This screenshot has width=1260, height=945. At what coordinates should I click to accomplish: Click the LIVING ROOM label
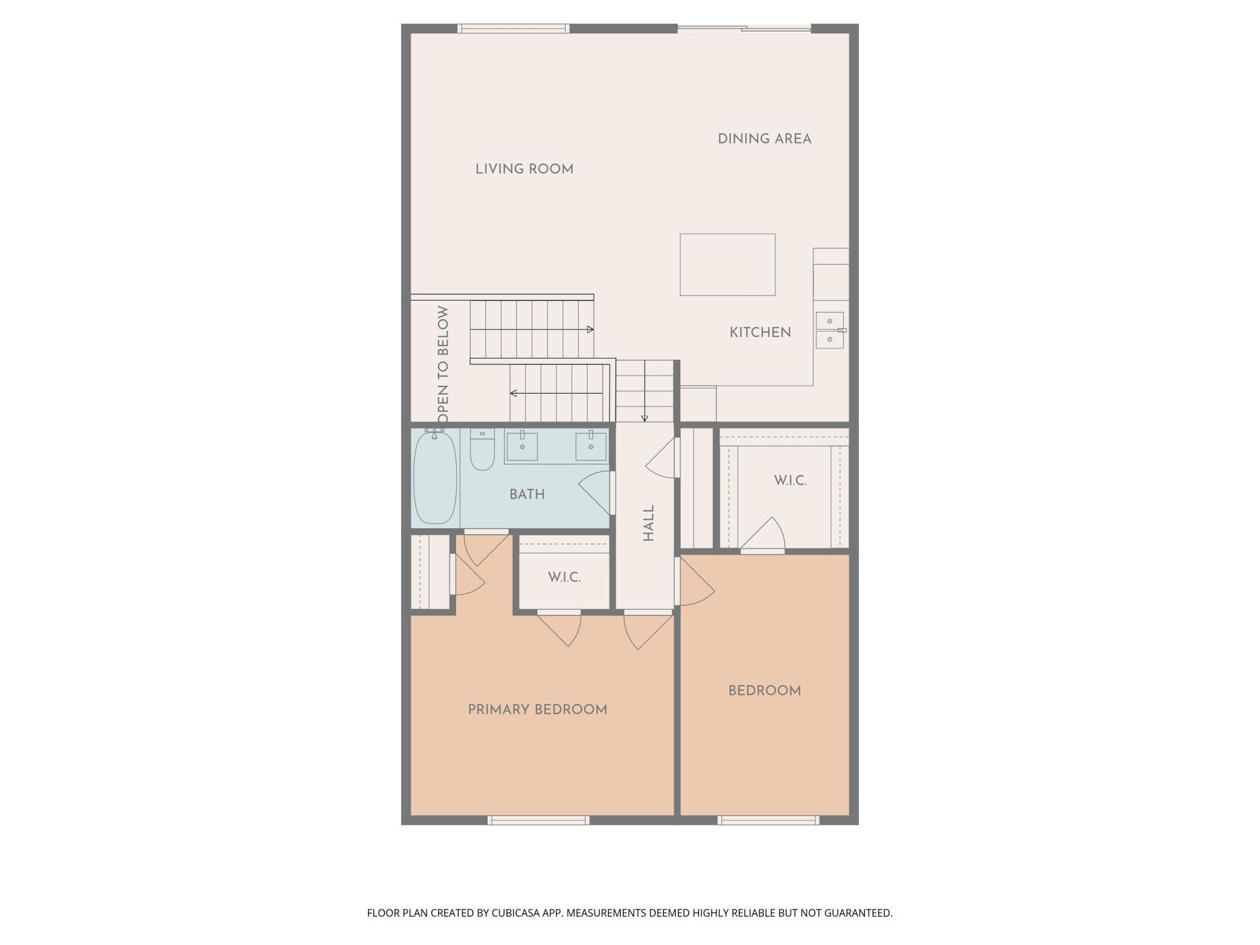(524, 169)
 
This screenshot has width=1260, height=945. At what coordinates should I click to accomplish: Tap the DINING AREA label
(764, 139)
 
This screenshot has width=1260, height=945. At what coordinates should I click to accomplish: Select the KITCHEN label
(760, 333)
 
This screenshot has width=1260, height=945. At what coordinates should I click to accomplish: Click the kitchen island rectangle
(728, 265)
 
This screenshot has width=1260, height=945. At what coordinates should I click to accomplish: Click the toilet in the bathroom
(482, 449)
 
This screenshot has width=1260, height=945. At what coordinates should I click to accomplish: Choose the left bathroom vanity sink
(522, 446)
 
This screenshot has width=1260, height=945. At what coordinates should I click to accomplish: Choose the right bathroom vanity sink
(591, 446)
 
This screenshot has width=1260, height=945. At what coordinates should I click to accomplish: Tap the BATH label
(527, 494)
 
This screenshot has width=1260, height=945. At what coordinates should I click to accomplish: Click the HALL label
(649, 523)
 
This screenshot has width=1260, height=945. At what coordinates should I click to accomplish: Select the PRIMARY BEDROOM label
(537, 709)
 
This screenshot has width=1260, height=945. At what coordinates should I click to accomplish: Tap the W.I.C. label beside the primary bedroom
(565, 577)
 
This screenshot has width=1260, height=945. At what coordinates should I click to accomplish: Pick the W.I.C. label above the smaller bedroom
(791, 480)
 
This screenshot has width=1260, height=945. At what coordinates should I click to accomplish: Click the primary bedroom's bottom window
(539, 820)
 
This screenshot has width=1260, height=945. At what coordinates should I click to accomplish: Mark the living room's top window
(513, 28)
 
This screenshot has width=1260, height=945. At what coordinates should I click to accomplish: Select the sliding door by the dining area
(744, 28)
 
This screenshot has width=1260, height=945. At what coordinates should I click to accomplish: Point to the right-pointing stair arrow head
(591, 330)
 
